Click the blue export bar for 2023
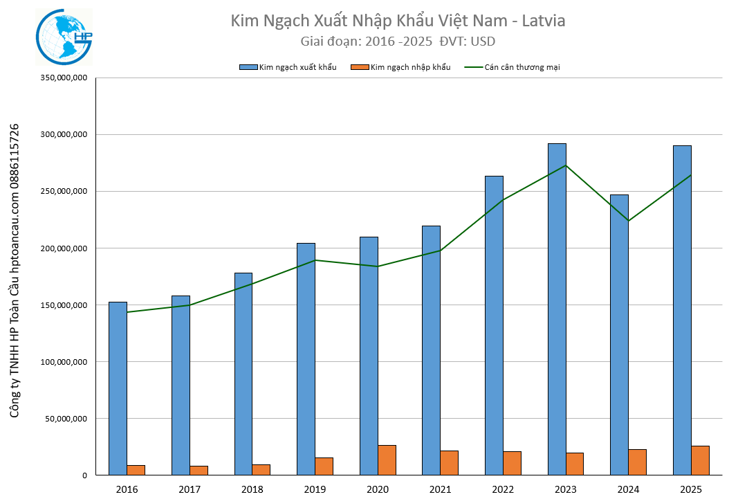click(x=557, y=309)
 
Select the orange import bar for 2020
click(x=387, y=460)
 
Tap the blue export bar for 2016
click(x=118, y=388)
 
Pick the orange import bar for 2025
click(x=700, y=460)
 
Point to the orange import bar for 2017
click(x=199, y=471)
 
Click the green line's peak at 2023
click(x=566, y=165)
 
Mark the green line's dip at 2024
click(x=629, y=221)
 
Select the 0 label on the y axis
click(x=84, y=475)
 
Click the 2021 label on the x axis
click(x=441, y=489)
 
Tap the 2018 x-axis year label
click(x=252, y=489)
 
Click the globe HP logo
click(x=64, y=37)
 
